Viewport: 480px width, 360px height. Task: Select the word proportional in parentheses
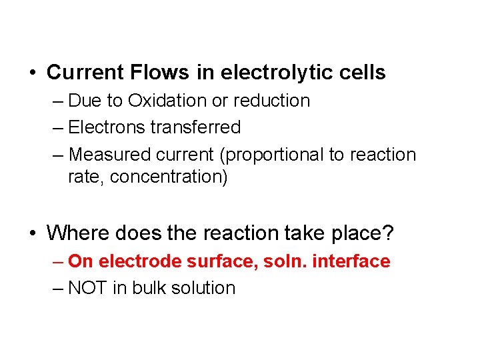277,155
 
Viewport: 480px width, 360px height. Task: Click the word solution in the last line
201,288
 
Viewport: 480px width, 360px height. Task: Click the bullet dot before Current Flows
33,73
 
